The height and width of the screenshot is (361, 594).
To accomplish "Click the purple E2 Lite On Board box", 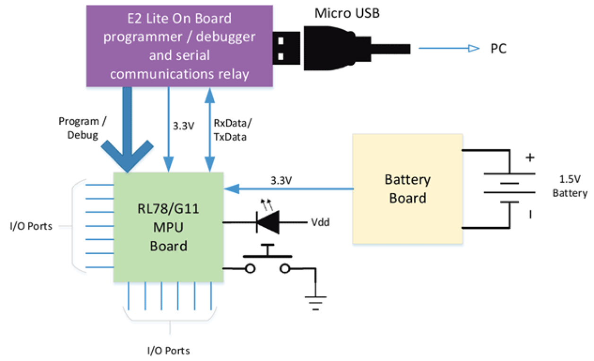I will coord(179,46).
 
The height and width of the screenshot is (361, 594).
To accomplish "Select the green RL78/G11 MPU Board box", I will coord(168,227).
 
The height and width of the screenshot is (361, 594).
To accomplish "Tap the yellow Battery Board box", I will coord(407,189).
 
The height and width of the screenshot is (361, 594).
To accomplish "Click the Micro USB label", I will coord(347,14).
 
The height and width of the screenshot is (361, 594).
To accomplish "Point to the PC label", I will coord(498,49).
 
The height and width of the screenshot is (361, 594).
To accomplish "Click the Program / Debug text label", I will coord(82,128).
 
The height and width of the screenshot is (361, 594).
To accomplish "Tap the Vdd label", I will coord(320,222).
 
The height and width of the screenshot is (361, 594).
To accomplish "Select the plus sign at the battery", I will coord(531,157).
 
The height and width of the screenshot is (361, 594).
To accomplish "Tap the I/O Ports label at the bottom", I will coord(168,351).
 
